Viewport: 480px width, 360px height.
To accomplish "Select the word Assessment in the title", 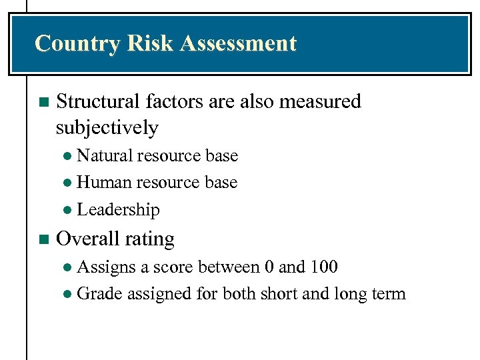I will pyautogui.click(x=238, y=44).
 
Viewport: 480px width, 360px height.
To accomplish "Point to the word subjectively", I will pyautogui.click(x=107, y=127).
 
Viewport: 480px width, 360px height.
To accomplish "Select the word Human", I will pyautogui.click(x=104, y=183).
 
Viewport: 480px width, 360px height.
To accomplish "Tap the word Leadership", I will pyautogui.click(x=119, y=210).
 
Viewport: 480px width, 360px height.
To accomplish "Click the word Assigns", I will pyautogui.click(x=106, y=267).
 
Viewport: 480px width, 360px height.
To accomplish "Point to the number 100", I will pyautogui.click(x=323, y=267).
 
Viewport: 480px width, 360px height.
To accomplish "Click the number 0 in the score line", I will pyautogui.click(x=269, y=267).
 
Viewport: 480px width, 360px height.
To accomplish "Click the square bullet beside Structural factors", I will pyautogui.click(x=44, y=103).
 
